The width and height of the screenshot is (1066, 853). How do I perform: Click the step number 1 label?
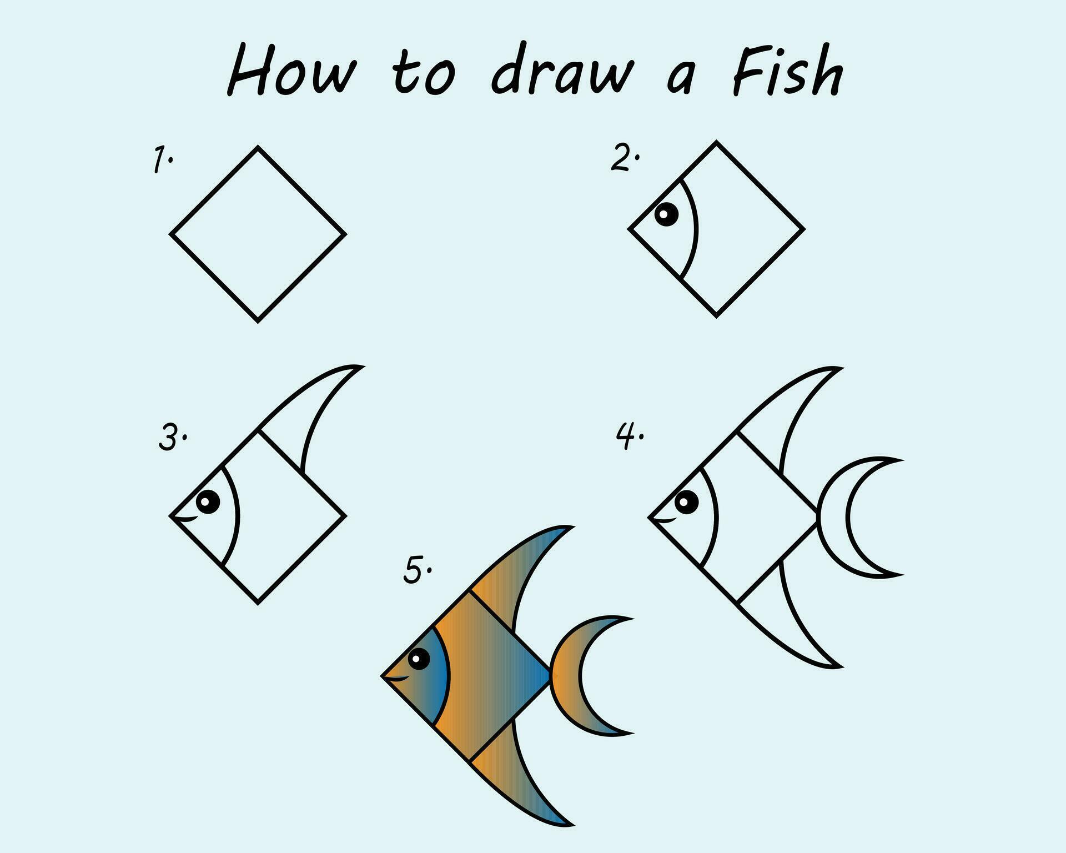(162, 160)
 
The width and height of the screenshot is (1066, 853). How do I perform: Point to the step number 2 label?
(624, 157)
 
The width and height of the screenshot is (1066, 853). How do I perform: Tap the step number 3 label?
(170, 438)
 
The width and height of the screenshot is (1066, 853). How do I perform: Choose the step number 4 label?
(628, 436)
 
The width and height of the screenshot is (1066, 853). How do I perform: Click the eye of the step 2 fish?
(666, 214)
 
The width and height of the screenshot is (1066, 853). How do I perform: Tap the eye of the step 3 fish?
(208, 502)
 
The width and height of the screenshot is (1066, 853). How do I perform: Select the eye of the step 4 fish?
(687, 503)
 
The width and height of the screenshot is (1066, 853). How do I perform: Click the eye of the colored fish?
(419, 660)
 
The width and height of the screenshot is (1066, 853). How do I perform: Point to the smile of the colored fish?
(398, 678)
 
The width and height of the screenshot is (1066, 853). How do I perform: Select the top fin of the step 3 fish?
(311, 411)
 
